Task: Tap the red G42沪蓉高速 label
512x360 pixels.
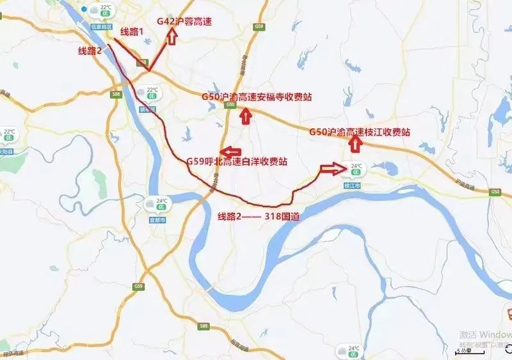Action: pyautogui.click(x=184, y=22)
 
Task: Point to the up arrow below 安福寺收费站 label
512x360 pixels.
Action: pyautogui.click(x=244, y=116)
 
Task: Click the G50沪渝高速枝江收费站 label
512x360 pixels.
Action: pyautogui.click(x=359, y=132)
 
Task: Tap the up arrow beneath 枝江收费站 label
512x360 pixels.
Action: pyautogui.click(x=355, y=145)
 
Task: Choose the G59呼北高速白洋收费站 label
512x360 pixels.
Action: pyautogui.click(x=236, y=162)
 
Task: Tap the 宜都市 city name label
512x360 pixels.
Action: pyautogui.click(x=157, y=219)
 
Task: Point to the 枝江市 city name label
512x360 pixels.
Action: pyautogui.click(x=353, y=185)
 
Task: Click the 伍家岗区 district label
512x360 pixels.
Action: pyautogui.click(x=101, y=27)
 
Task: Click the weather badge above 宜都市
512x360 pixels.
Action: pyautogui.click(x=157, y=205)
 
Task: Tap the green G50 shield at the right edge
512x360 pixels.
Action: pyautogui.click(x=494, y=192)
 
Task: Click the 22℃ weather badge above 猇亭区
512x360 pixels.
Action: pyautogui.click(x=151, y=93)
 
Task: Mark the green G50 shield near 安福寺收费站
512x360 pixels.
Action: pyautogui.click(x=230, y=107)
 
